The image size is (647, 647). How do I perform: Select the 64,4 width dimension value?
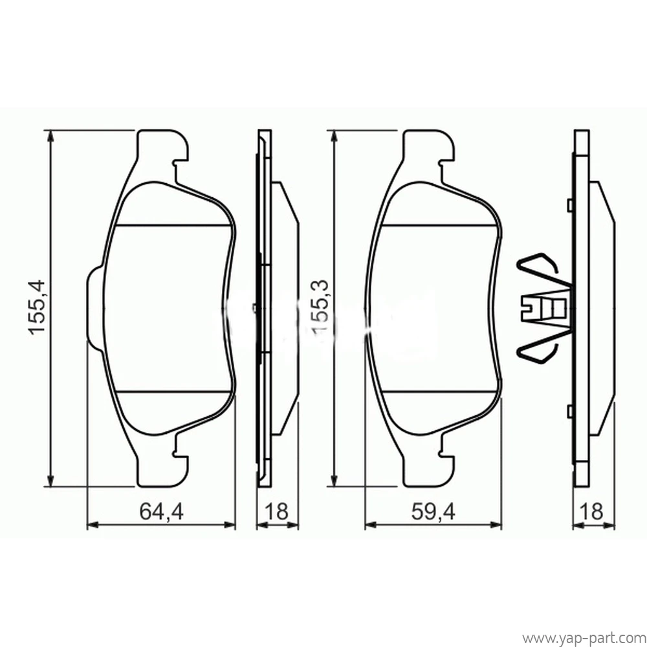161,512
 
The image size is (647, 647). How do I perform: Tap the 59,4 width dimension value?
433,512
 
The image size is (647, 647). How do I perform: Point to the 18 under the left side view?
276,512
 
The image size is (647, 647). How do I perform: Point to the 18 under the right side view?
592,512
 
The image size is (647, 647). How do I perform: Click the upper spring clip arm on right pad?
540,269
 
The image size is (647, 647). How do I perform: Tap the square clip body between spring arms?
545,307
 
